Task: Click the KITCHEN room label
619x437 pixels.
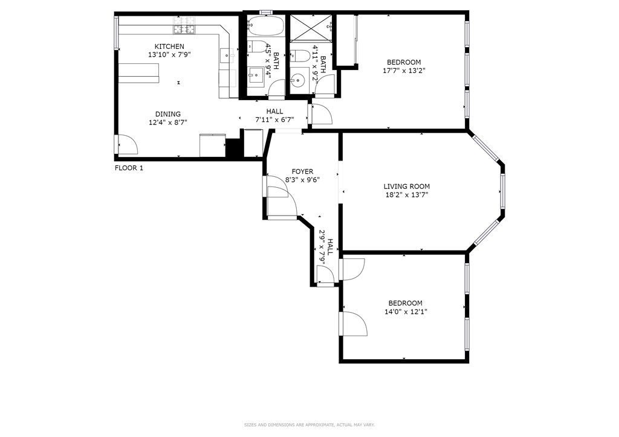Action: point(169,46)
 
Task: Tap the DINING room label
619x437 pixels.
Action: point(168,114)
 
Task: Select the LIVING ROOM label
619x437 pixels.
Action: point(407,187)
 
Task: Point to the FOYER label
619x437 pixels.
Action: point(302,171)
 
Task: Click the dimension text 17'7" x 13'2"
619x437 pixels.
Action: point(404,71)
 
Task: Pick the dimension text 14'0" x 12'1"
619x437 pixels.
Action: point(406,311)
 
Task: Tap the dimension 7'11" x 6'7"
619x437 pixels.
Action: point(275,120)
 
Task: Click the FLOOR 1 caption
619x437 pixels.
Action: point(129,168)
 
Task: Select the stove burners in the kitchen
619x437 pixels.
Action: point(184,25)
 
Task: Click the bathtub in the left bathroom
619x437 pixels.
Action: point(265,25)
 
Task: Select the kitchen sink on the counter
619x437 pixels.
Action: point(227,56)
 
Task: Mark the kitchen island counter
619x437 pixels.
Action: point(138,74)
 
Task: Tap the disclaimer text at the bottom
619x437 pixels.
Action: point(309,425)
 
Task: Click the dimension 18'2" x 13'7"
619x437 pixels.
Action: point(407,195)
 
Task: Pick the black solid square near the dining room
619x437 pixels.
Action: point(233,148)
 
